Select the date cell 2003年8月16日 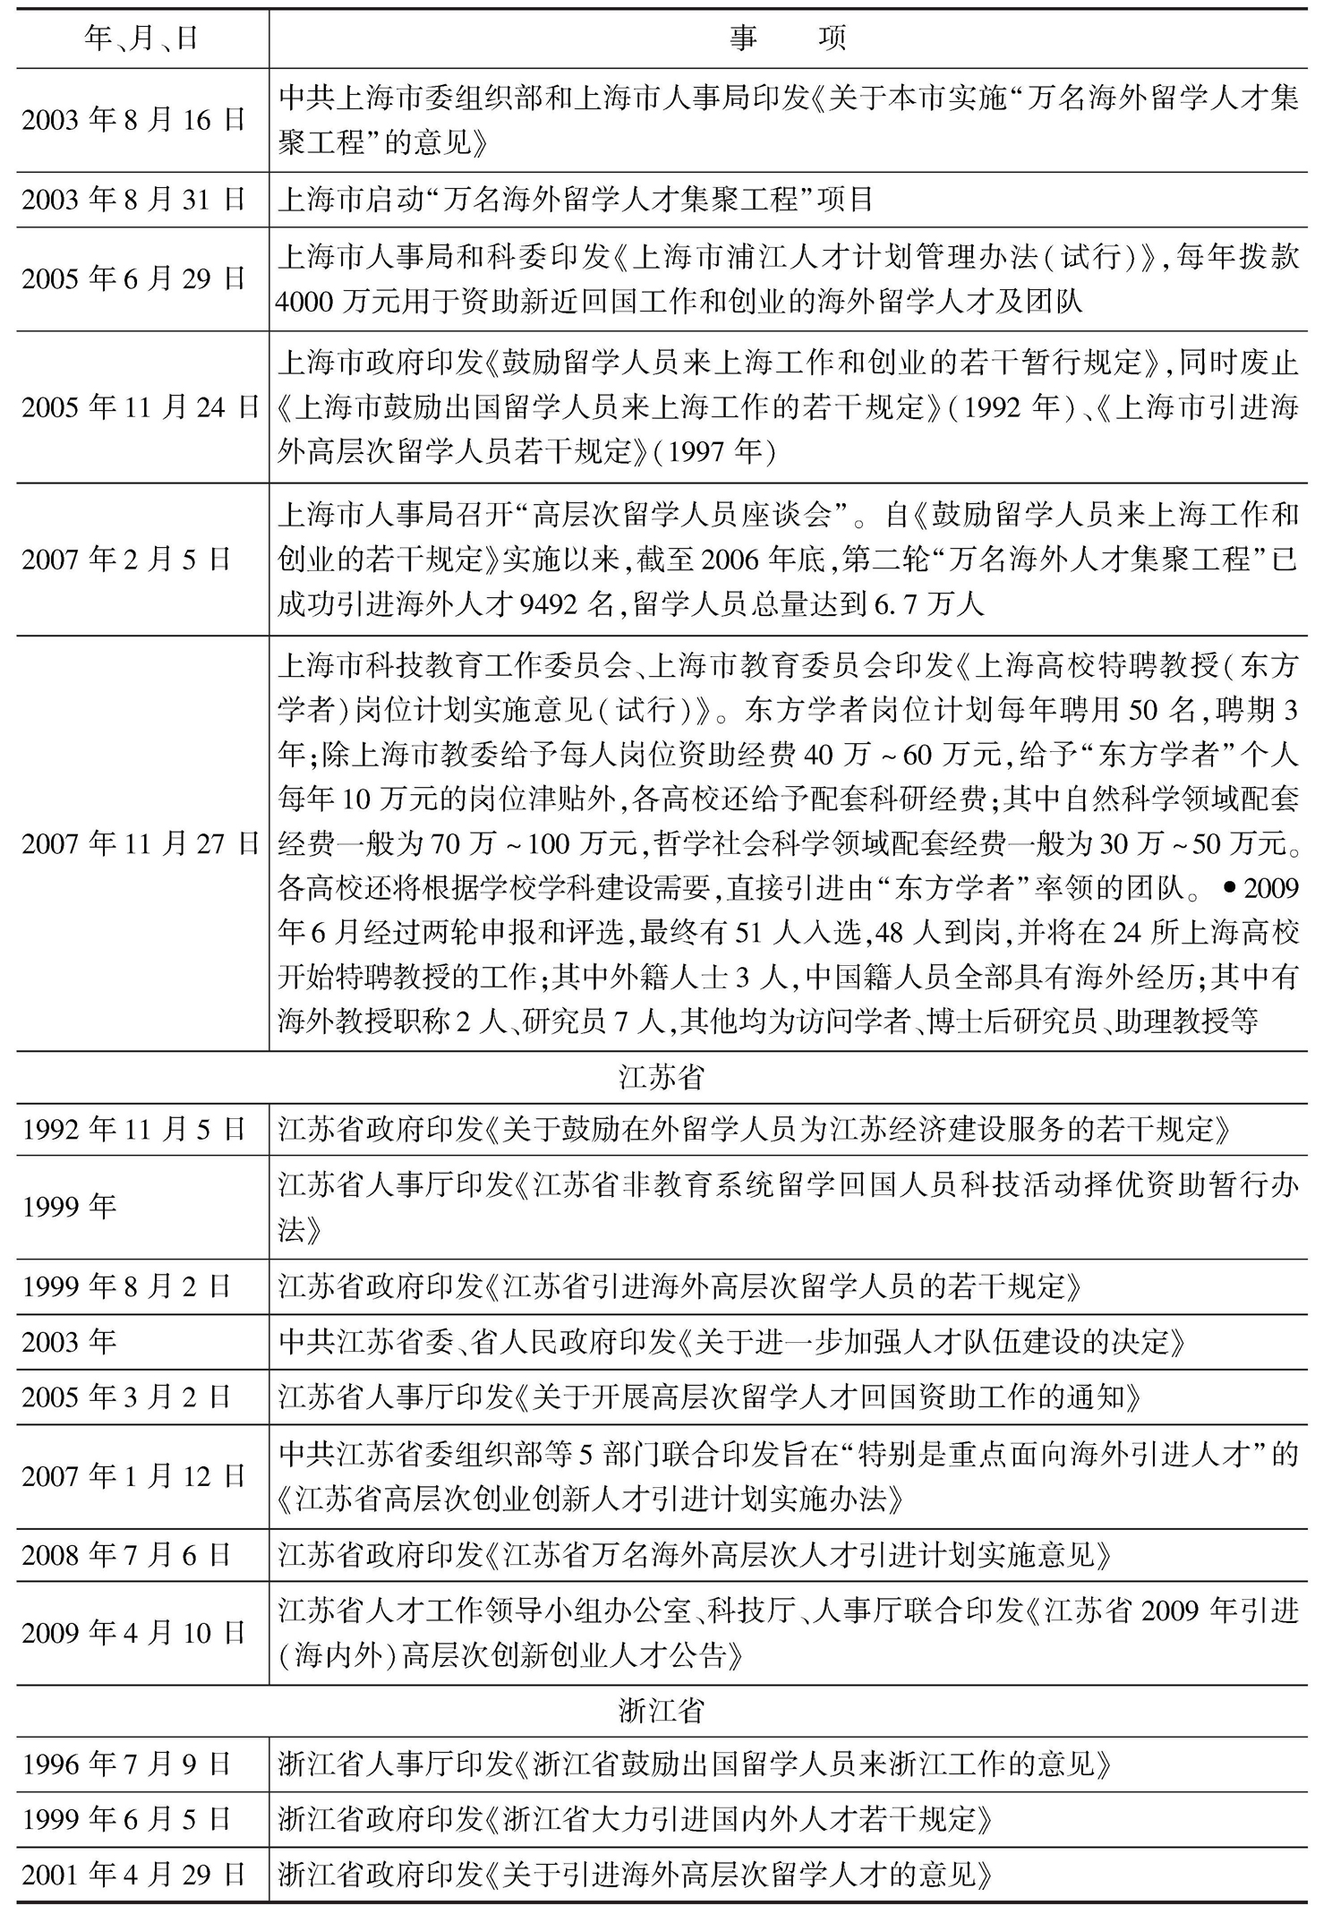coord(134,119)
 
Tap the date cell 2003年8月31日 coord(134,199)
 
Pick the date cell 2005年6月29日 coord(134,278)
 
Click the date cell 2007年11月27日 coord(141,843)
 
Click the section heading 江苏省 coord(661,1077)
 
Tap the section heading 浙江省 coord(661,1711)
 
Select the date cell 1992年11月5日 coord(134,1129)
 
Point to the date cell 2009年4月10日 coord(134,1633)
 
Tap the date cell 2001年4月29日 coord(134,1874)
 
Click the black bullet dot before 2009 coord(1229,887)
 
